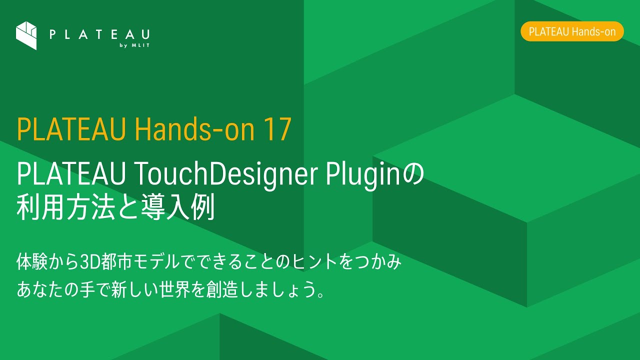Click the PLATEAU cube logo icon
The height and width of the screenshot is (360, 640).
point(26,35)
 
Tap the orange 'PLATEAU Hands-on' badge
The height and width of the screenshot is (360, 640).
point(572,31)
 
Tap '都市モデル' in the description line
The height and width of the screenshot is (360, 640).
point(141,262)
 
